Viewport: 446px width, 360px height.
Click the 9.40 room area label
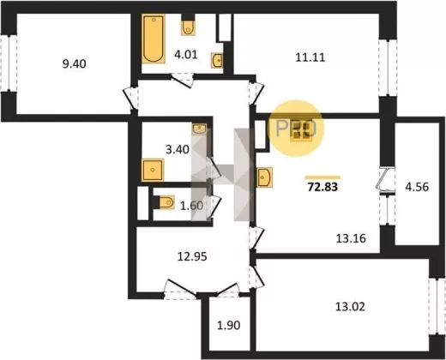(x=74, y=63)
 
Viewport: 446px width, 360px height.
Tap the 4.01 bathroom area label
(x=186, y=54)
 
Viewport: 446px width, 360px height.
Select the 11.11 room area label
(x=310, y=57)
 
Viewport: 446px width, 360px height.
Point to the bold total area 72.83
(x=322, y=187)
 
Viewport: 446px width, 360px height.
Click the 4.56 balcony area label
(x=417, y=187)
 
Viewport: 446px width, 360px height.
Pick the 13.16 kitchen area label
(x=351, y=238)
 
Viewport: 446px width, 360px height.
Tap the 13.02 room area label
(x=350, y=307)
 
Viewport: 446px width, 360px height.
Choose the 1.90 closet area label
(x=229, y=326)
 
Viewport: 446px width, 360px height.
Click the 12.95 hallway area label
(x=192, y=257)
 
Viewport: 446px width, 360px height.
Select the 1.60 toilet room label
(x=191, y=206)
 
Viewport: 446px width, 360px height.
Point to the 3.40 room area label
(x=178, y=149)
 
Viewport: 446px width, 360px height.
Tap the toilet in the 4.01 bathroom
(x=188, y=27)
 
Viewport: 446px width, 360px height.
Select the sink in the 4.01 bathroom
(x=217, y=60)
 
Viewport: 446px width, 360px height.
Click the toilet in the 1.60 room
(x=166, y=202)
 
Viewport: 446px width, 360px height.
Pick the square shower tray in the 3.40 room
(x=153, y=170)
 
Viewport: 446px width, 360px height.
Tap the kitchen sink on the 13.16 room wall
(x=265, y=177)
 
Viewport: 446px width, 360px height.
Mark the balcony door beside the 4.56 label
(x=385, y=179)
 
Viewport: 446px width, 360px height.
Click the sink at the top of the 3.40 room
(x=200, y=129)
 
